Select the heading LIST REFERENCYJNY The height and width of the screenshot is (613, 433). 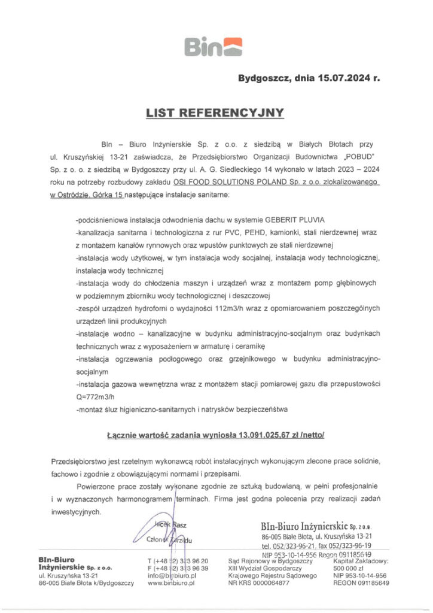click(216, 112)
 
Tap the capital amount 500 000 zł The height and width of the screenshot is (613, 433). click(350, 568)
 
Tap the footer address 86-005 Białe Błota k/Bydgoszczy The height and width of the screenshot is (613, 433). click(86, 582)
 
